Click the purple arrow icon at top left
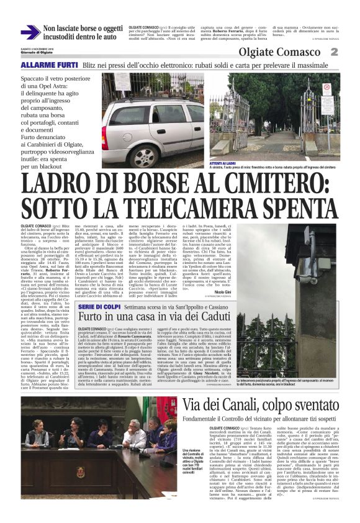pyautogui.click(x=30, y=32)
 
